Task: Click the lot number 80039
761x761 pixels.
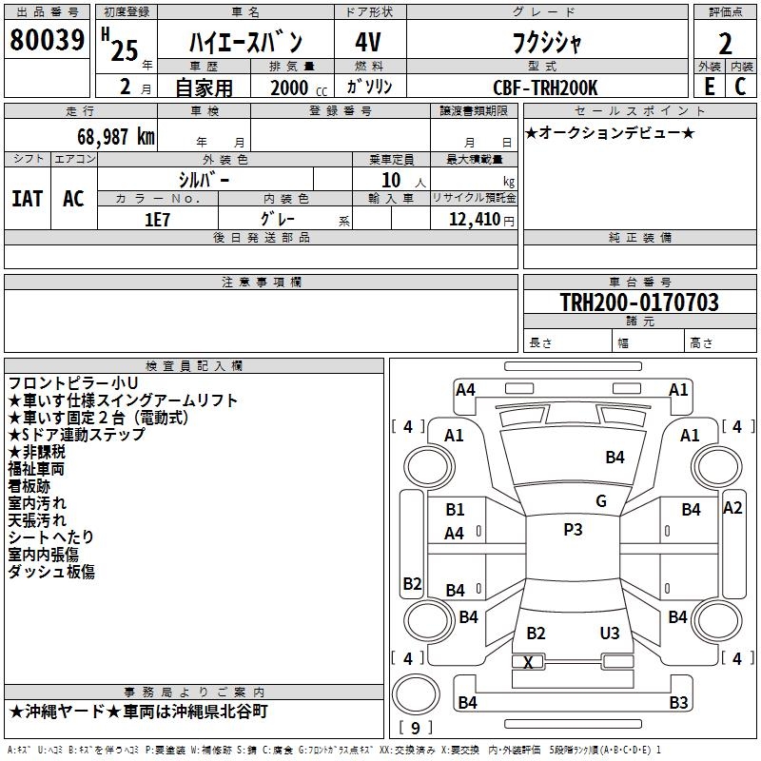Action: click(47, 40)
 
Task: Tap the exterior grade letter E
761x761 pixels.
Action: click(709, 86)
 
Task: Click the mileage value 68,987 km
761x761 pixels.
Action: click(110, 137)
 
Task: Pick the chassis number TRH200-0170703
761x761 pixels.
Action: click(639, 302)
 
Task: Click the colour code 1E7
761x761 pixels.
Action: click(157, 219)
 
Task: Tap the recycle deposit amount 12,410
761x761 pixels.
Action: click(474, 220)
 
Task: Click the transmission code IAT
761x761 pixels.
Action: click(27, 199)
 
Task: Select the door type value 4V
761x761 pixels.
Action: click(368, 43)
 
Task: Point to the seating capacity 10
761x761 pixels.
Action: click(390, 180)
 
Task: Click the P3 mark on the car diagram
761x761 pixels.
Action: click(573, 530)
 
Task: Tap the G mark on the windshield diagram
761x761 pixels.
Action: click(601, 501)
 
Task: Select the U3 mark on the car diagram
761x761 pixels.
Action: click(610, 634)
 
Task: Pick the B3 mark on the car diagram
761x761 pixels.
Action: click(678, 703)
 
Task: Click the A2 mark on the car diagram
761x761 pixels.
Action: click(732, 508)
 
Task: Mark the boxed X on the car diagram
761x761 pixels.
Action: click(529, 662)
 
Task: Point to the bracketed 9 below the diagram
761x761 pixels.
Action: click(416, 728)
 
